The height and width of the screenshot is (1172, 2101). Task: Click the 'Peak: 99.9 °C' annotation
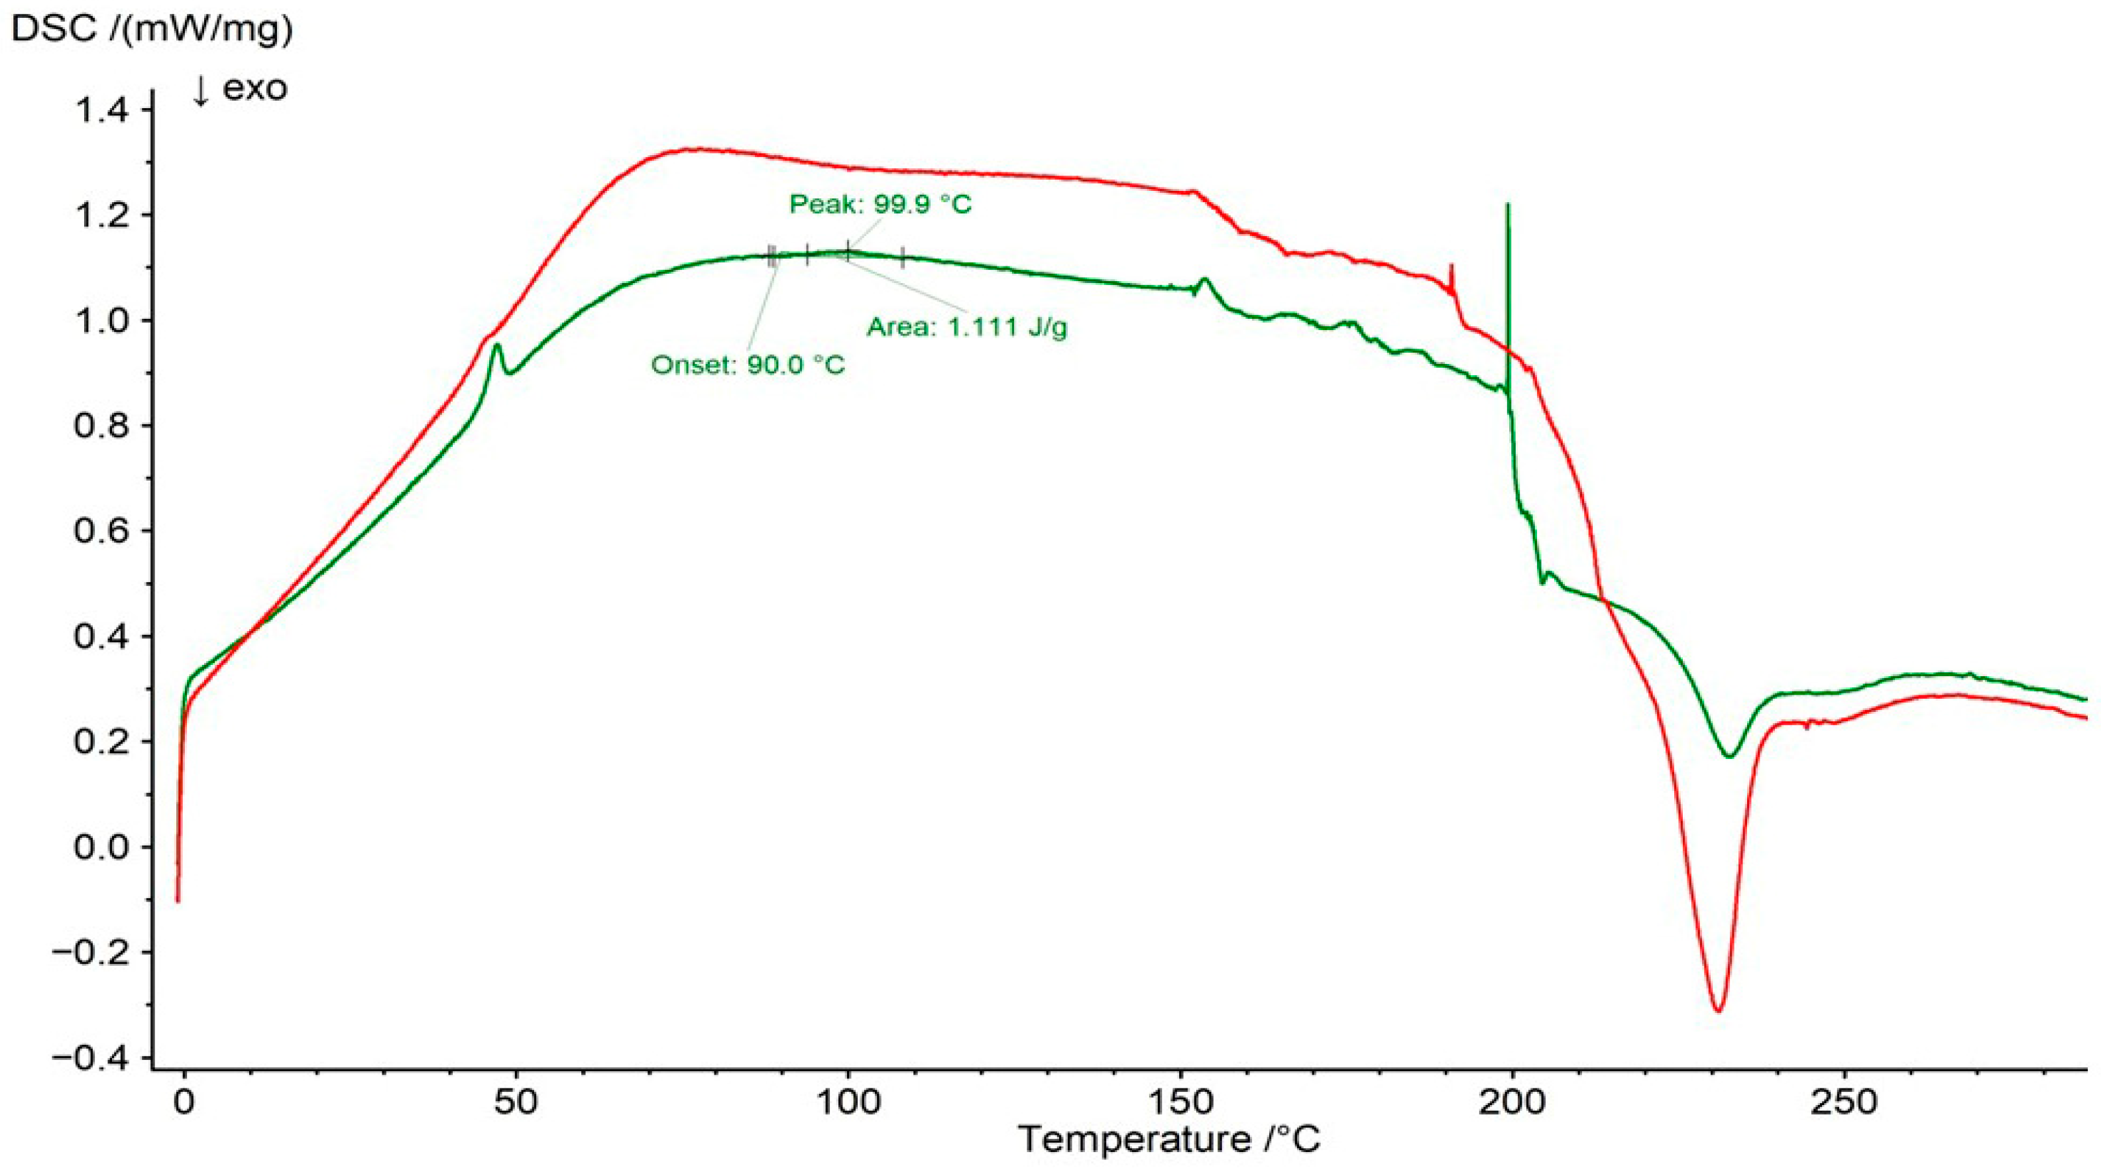(880, 204)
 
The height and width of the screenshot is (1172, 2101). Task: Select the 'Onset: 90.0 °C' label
(748, 365)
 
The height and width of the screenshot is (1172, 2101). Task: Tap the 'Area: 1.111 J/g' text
(966, 327)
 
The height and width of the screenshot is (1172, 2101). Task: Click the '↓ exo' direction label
(240, 88)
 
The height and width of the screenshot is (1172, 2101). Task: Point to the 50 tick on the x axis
(516, 1102)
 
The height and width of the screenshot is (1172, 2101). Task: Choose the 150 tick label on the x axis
(1181, 1102)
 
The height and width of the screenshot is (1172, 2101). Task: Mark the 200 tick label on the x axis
(1513, 1102)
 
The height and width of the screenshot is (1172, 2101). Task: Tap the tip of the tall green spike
(1508, 204)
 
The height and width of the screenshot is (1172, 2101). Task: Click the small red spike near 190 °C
(1451, 265)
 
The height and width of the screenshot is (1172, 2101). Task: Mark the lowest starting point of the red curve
(178, 902)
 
